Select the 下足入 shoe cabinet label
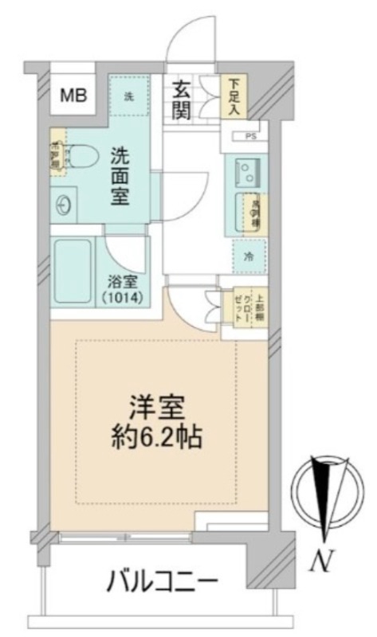tap(234, 96)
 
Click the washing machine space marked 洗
tap(128, 97)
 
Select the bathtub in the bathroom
tap(74, 271)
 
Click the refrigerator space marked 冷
tap(248, 257)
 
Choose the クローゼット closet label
tap(239, 304)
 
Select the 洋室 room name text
tap(159, 408)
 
